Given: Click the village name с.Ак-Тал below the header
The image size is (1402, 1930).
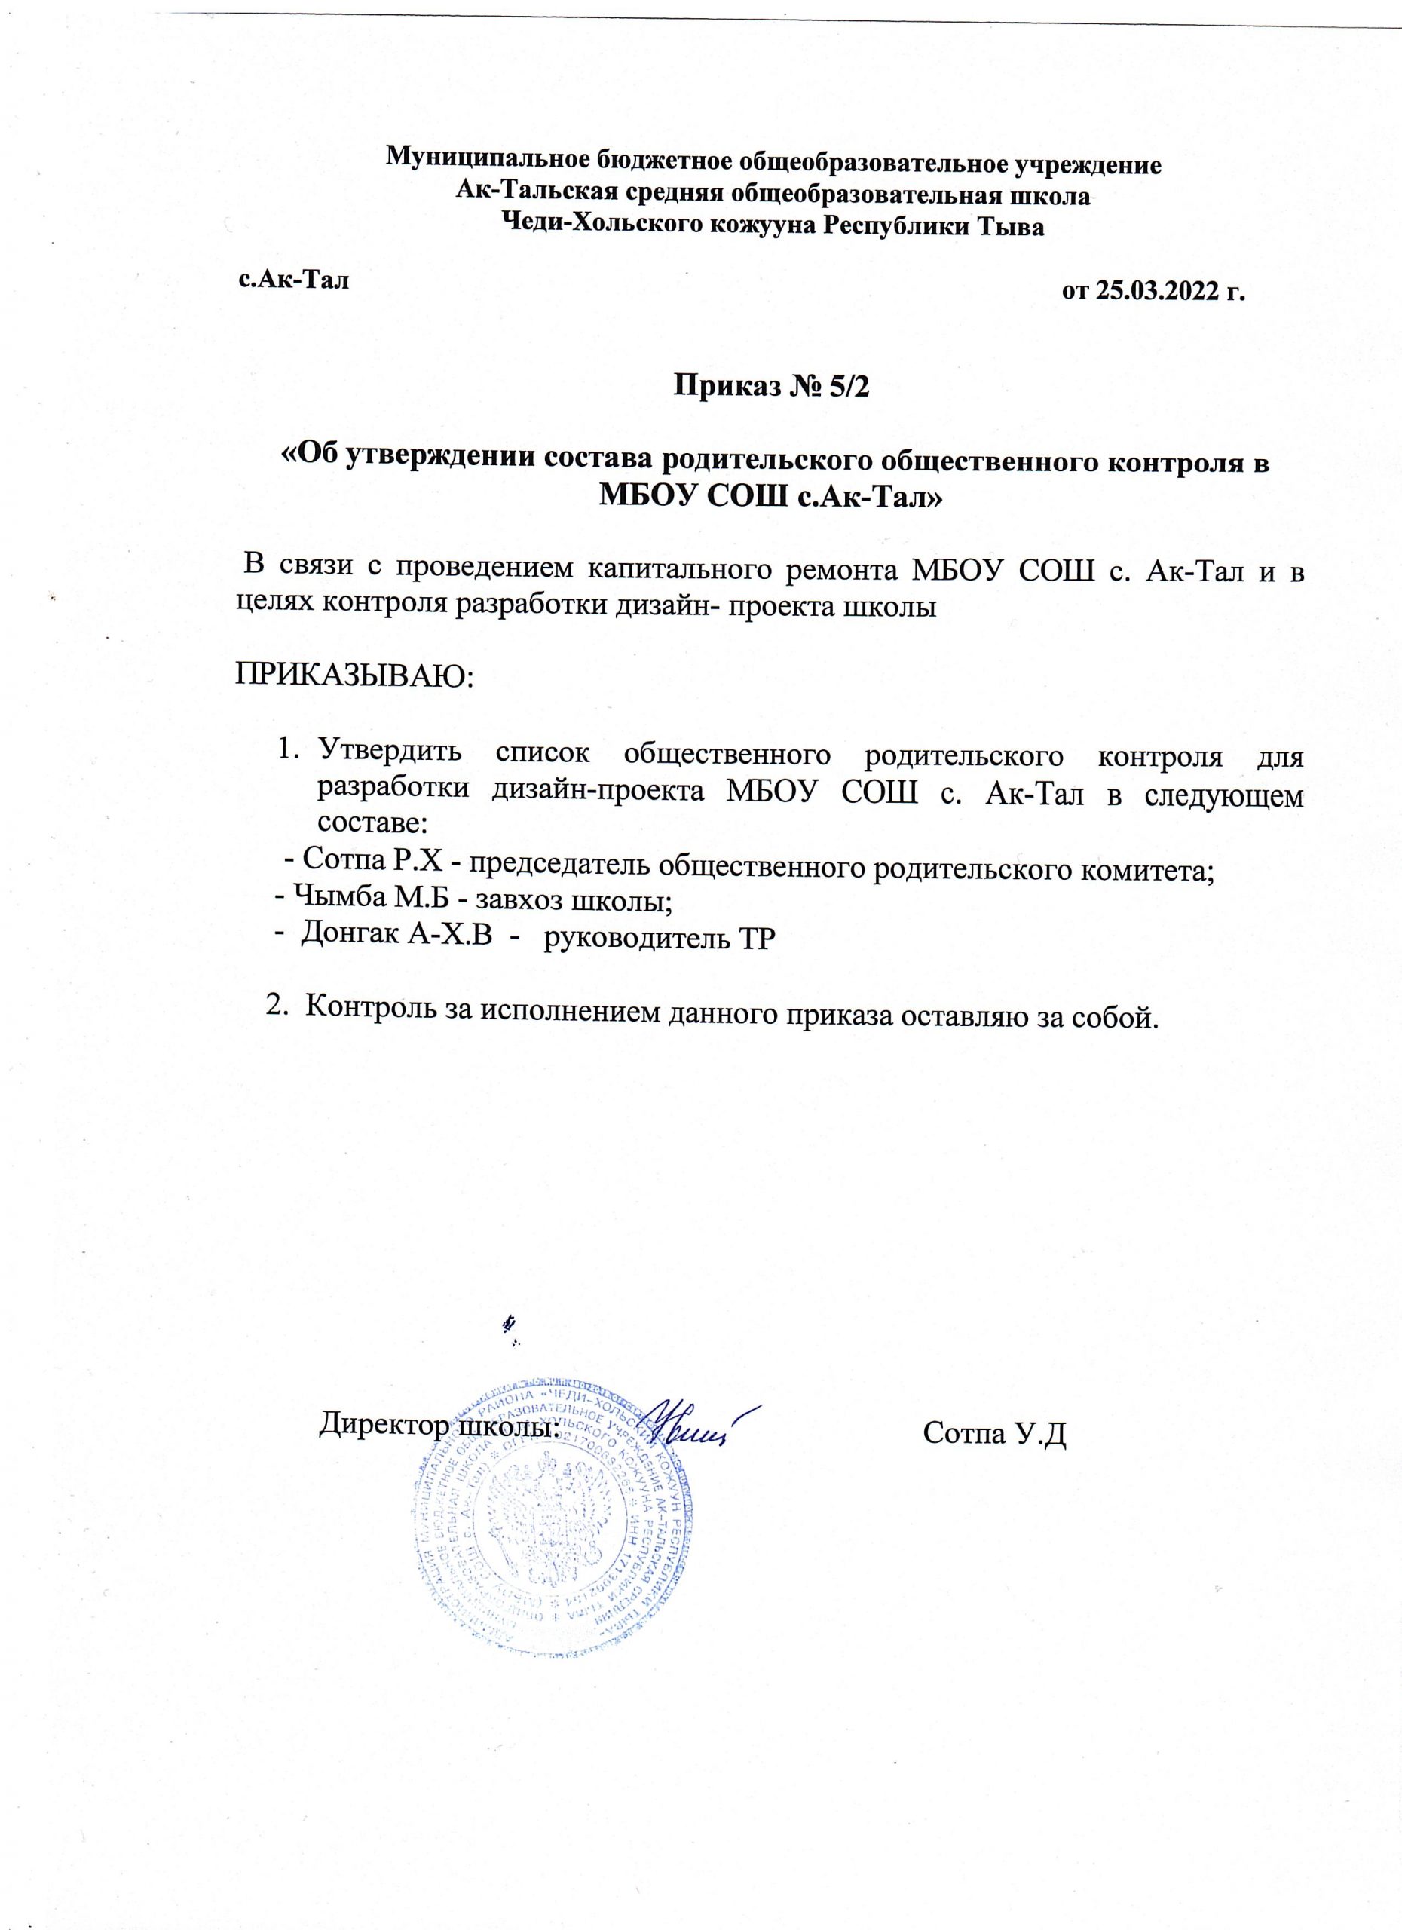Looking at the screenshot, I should (293, 279).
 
